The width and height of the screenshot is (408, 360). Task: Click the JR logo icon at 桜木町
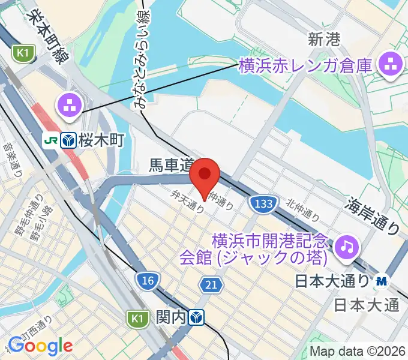tap(50, 140)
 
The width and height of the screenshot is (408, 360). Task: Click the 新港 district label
tap(324, 40)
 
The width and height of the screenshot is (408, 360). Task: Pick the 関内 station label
tap(171, 316)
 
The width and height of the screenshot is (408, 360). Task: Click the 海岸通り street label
tap(373, 214)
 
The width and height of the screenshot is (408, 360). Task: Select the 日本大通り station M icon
tap(382, 281)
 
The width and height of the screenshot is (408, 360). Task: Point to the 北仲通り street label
tap(302, 209)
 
